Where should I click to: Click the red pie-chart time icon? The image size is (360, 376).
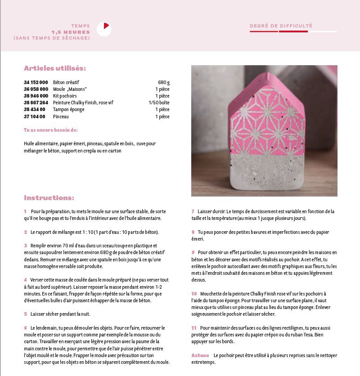pos(104,29)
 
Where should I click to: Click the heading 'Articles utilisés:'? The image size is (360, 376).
pos(55,68)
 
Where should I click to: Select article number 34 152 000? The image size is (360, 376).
pos(36,83)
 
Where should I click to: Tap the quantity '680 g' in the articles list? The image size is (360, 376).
pos(164,83)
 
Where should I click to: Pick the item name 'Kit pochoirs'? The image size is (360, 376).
pos(65,96)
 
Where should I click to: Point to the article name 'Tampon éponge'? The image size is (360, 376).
pos(68,110)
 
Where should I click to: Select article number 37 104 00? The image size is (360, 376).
pos(35,116)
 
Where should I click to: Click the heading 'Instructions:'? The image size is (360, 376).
pos(49,198)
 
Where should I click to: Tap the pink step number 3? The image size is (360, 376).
pos(26,246)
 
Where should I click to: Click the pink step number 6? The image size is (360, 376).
pos(26,328)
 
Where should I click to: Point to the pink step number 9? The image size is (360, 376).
pos(193,252)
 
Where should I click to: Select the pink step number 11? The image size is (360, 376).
pos(194,328)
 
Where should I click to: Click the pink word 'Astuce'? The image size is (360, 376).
pos(200,355)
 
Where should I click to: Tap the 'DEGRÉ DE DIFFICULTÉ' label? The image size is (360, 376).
pos(281,26)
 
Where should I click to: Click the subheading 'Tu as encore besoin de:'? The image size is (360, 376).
pos(50,130)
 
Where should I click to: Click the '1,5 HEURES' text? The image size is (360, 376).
pos(71,32)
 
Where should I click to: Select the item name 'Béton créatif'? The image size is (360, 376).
pos(66,83)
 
